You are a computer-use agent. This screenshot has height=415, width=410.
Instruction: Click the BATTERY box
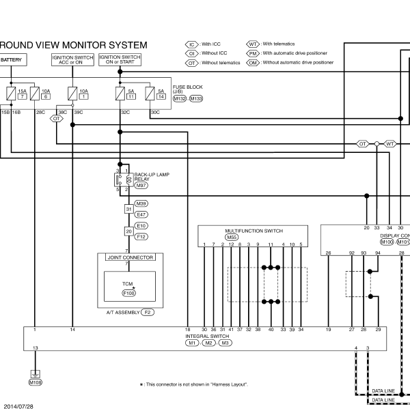13,60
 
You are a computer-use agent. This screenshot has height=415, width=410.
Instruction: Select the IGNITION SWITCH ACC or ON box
72,60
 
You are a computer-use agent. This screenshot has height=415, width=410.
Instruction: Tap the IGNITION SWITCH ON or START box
120,59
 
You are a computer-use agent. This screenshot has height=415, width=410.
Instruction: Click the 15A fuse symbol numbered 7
11,94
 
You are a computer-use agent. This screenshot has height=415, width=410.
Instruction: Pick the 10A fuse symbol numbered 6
35,94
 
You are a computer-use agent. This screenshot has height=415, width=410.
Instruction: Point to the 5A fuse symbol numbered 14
150,94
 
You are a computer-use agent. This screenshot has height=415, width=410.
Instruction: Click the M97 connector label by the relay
141,186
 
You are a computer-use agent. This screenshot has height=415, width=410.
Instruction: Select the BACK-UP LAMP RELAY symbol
124,180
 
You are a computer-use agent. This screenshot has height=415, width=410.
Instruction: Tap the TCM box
130,287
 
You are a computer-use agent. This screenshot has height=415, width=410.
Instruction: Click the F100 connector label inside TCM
128,294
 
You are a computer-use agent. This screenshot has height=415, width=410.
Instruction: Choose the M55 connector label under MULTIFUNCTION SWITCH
232,238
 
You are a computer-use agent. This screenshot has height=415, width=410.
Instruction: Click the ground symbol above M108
36,374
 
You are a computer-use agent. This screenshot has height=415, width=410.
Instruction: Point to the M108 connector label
36,382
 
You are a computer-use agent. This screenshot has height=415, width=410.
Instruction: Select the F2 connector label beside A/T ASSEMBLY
148,313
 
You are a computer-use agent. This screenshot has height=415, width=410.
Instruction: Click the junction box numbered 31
128,209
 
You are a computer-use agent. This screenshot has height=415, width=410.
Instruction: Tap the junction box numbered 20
128,231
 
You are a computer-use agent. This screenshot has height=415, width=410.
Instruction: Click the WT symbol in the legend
253,44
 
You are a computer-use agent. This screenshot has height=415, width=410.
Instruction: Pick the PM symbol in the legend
253,54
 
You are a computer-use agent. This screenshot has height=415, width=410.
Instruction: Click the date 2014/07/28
18,407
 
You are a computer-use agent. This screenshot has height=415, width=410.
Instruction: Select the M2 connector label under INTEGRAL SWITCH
208,343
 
